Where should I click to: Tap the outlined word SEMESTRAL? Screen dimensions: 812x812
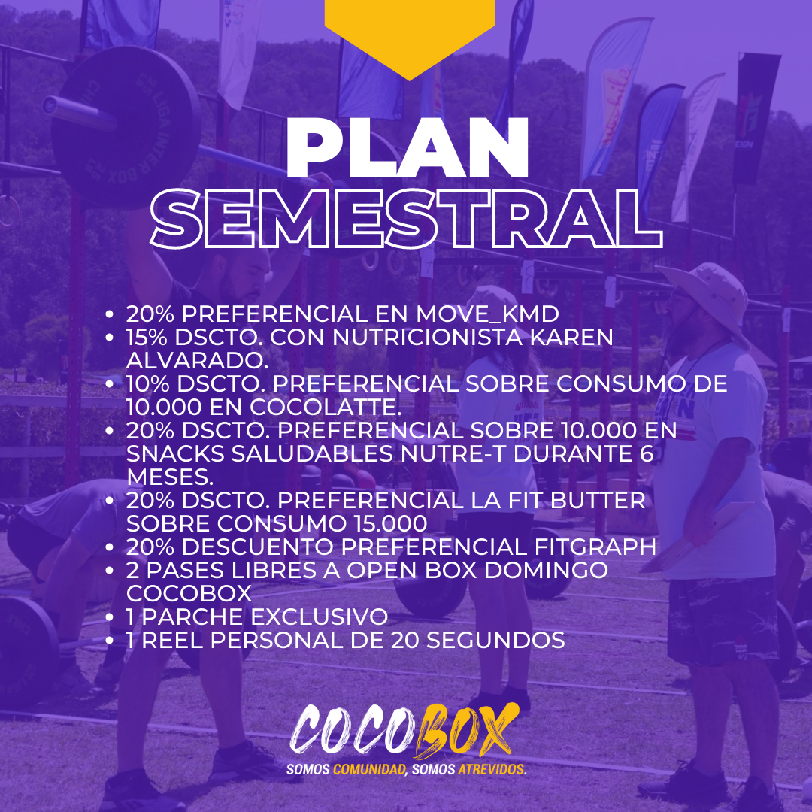407,219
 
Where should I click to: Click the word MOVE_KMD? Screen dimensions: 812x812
487,314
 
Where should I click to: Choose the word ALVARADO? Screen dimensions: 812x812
197,360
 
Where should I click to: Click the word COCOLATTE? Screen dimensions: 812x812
326,407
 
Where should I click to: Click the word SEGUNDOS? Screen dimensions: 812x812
495,640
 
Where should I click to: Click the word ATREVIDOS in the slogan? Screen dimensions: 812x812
492,770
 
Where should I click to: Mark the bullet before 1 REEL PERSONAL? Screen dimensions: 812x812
109,641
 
